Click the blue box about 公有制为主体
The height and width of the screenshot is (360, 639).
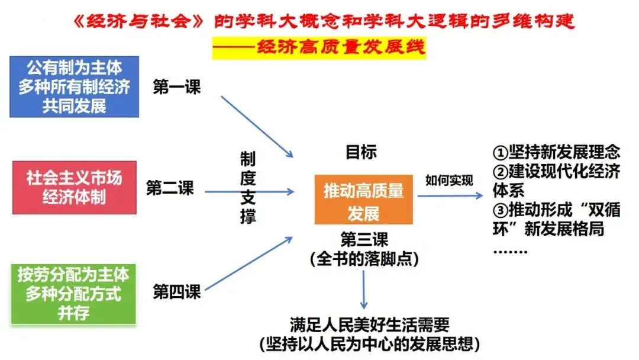point(75,87)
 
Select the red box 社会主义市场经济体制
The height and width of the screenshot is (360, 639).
point(75,187)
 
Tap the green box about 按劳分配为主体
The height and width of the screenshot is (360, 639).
point(73,294)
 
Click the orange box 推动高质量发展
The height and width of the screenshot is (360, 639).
point(363,201)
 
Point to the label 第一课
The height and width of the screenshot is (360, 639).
point(177,87)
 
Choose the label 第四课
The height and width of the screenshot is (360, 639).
point(177,291)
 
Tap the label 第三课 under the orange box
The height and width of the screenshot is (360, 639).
point(364,240)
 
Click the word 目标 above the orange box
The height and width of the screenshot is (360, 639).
point(361,152)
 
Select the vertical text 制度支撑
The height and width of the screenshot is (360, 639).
point(248,187)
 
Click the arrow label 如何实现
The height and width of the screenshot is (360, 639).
point(449,181)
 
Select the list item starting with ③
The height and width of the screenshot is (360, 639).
point(556,219)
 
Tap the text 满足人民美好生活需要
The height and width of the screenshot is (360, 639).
point(370,324)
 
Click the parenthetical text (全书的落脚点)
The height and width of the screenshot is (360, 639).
point(363,259)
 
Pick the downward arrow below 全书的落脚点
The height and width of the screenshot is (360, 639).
point(363,290)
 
